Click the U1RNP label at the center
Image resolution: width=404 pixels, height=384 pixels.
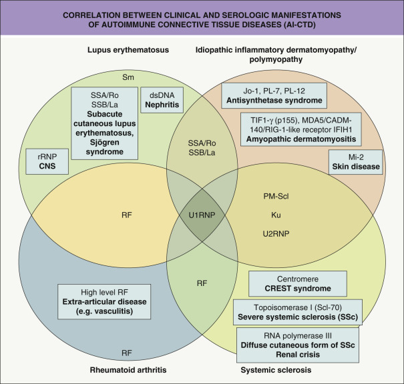(202, 216)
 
